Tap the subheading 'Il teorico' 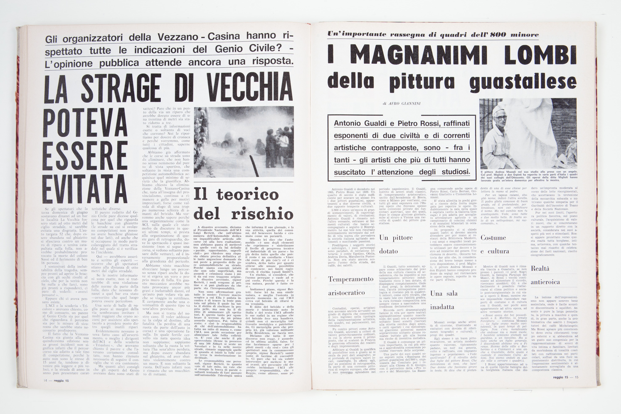[236, 194]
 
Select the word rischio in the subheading [262, 214]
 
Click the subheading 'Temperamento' [351, 279]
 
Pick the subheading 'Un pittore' [396, 238]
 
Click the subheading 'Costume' [493, 238]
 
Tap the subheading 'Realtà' [540, 269]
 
